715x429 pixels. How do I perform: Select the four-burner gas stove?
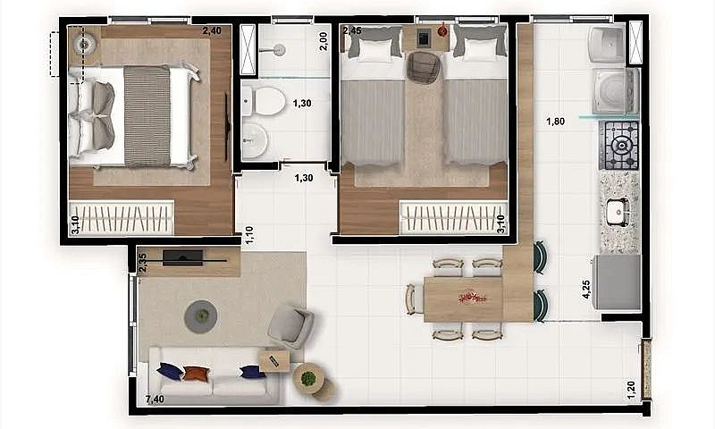[618, 145]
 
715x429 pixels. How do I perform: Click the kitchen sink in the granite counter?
[617, 212]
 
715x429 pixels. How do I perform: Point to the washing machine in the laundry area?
[616, 90]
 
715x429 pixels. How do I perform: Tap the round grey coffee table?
[202, 315]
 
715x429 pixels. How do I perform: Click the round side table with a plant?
[308, 379]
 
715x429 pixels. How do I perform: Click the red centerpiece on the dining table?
[467, 297]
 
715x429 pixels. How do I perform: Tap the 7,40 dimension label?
[154, 400]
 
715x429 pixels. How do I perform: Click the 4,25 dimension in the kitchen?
[586, 290]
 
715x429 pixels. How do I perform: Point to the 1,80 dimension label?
[557, 122]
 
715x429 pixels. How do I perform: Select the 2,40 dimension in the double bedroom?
[212, 30]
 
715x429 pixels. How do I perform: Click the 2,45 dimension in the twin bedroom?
[351, 30]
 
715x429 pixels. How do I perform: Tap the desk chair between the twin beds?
[425, 68]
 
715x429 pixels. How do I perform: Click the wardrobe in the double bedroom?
[122, 217]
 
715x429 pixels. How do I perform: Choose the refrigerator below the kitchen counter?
[617, 282]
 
